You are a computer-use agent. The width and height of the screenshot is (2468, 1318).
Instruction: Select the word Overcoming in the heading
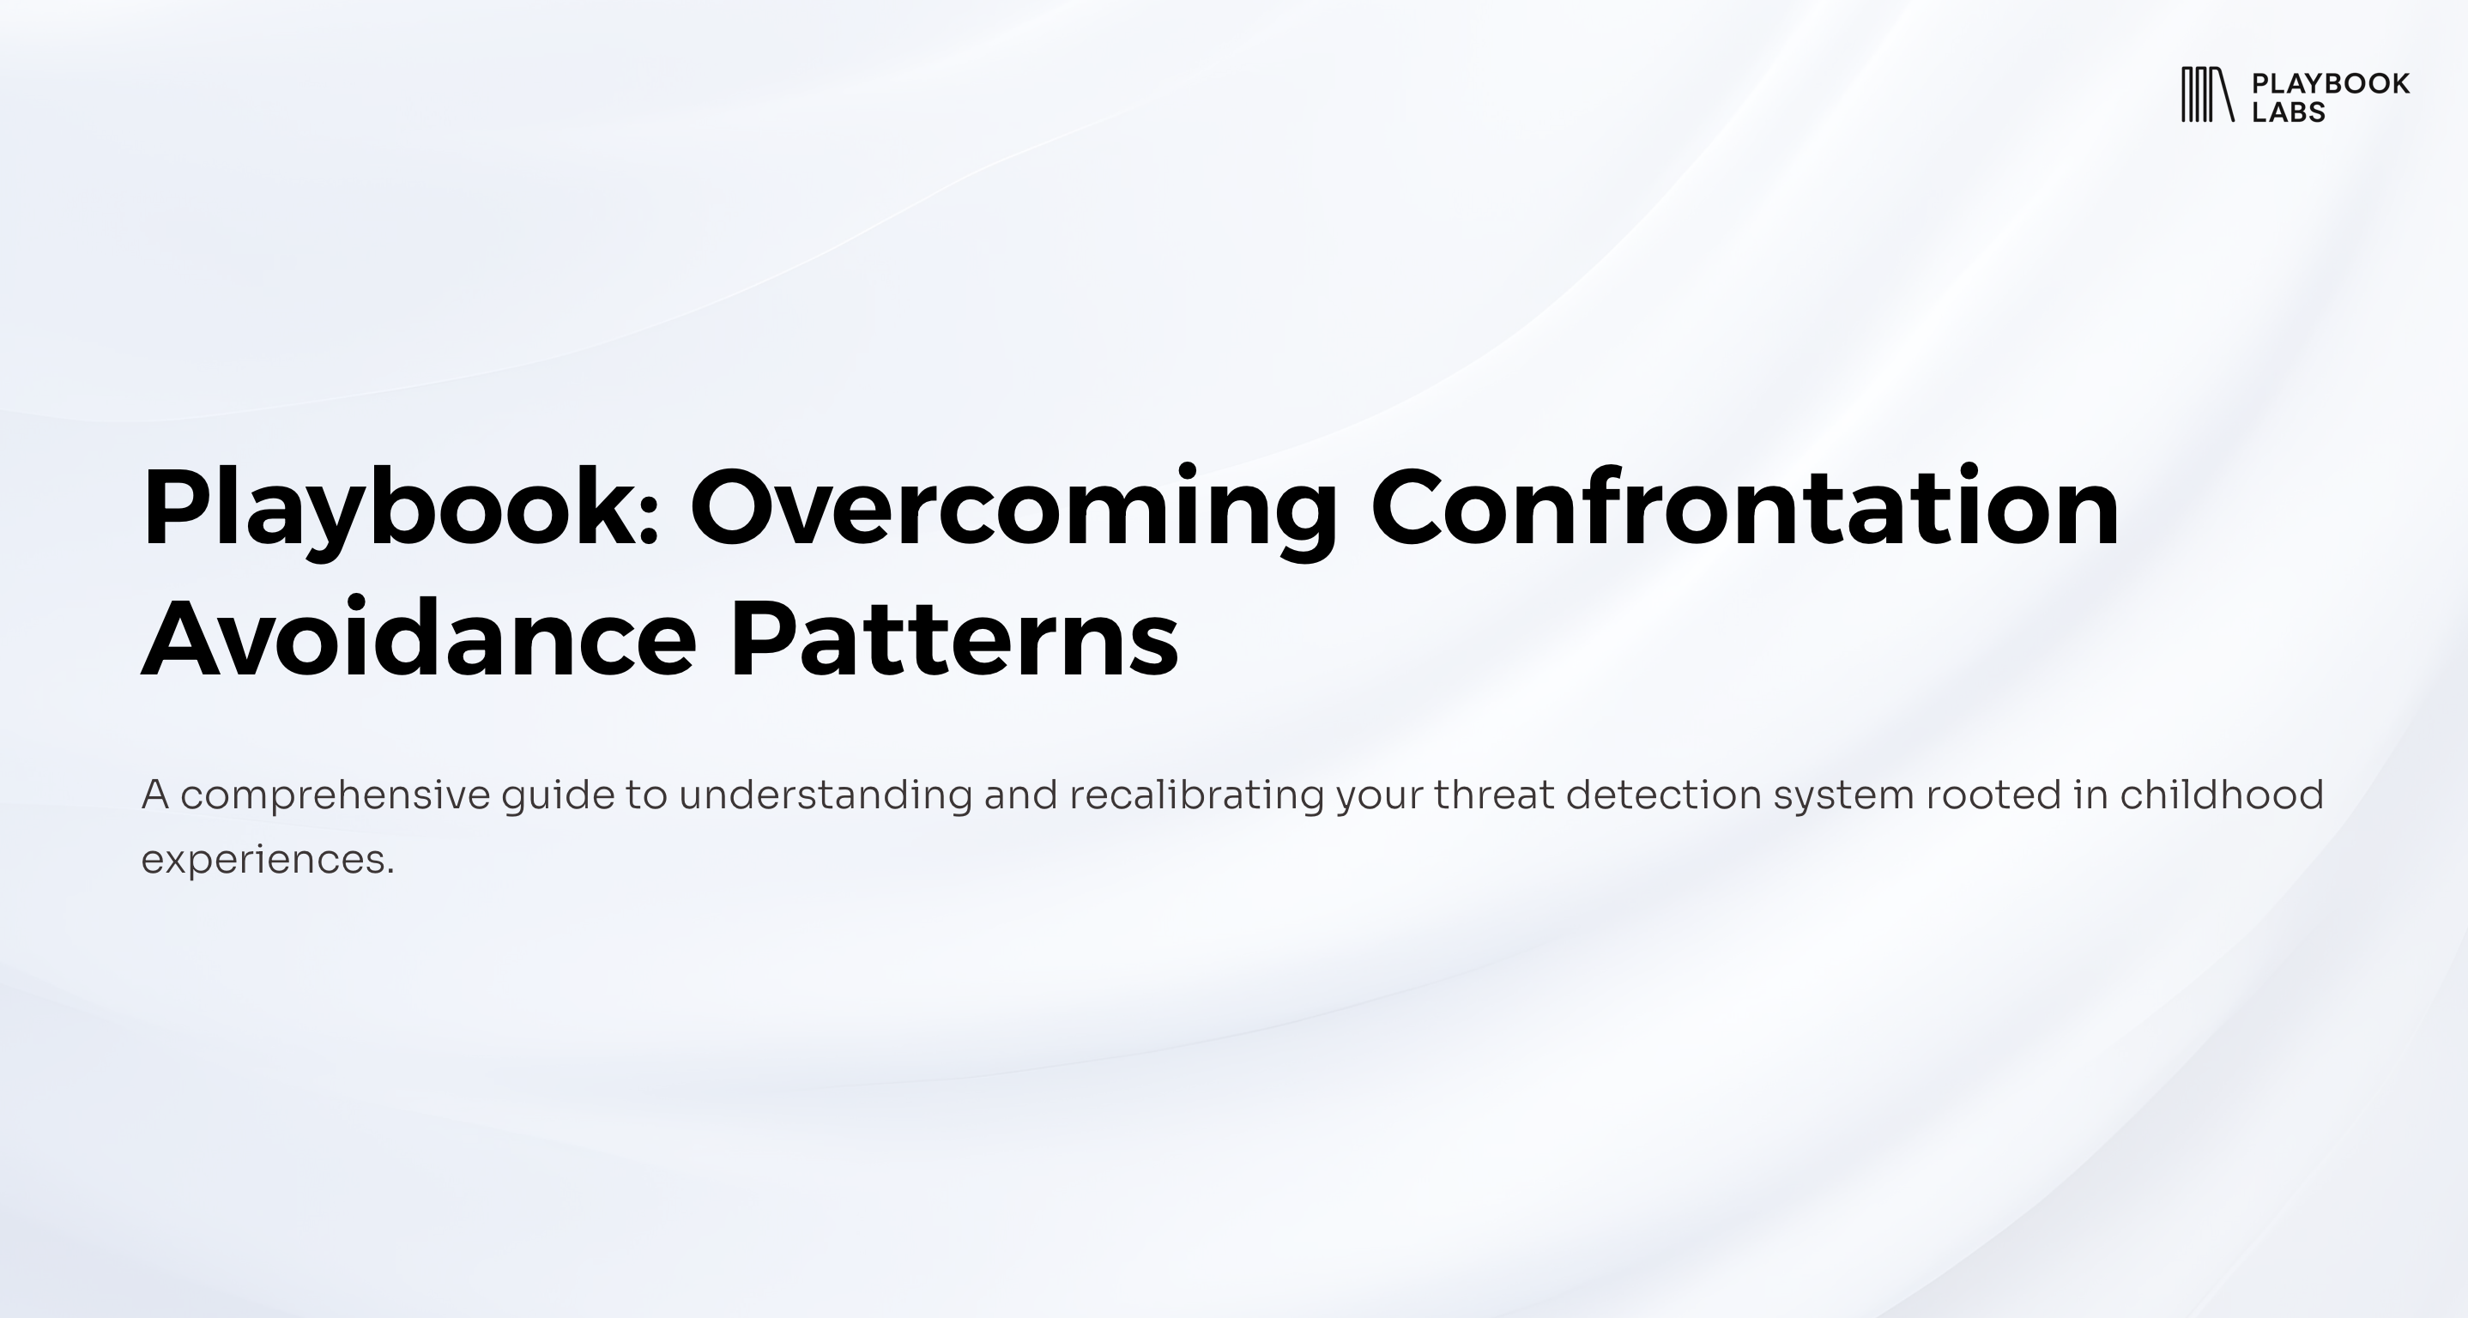tap(1013, 511)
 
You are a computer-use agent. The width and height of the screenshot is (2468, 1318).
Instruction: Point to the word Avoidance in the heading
tap(419, 636)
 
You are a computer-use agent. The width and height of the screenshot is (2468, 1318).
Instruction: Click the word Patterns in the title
tap(953, 637)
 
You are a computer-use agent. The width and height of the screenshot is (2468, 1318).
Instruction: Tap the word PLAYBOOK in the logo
tap(2330, 83)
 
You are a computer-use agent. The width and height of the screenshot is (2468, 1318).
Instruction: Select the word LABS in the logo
tap(2288, 112)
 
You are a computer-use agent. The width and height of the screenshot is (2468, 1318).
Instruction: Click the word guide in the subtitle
tap(558, 796)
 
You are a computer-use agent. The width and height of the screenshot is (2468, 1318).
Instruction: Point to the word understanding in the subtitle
tap(825, 796)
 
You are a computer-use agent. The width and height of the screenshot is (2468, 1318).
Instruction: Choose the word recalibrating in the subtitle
tap(1196, 796)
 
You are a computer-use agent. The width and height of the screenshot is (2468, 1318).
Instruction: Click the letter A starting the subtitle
tap(155, 794)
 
